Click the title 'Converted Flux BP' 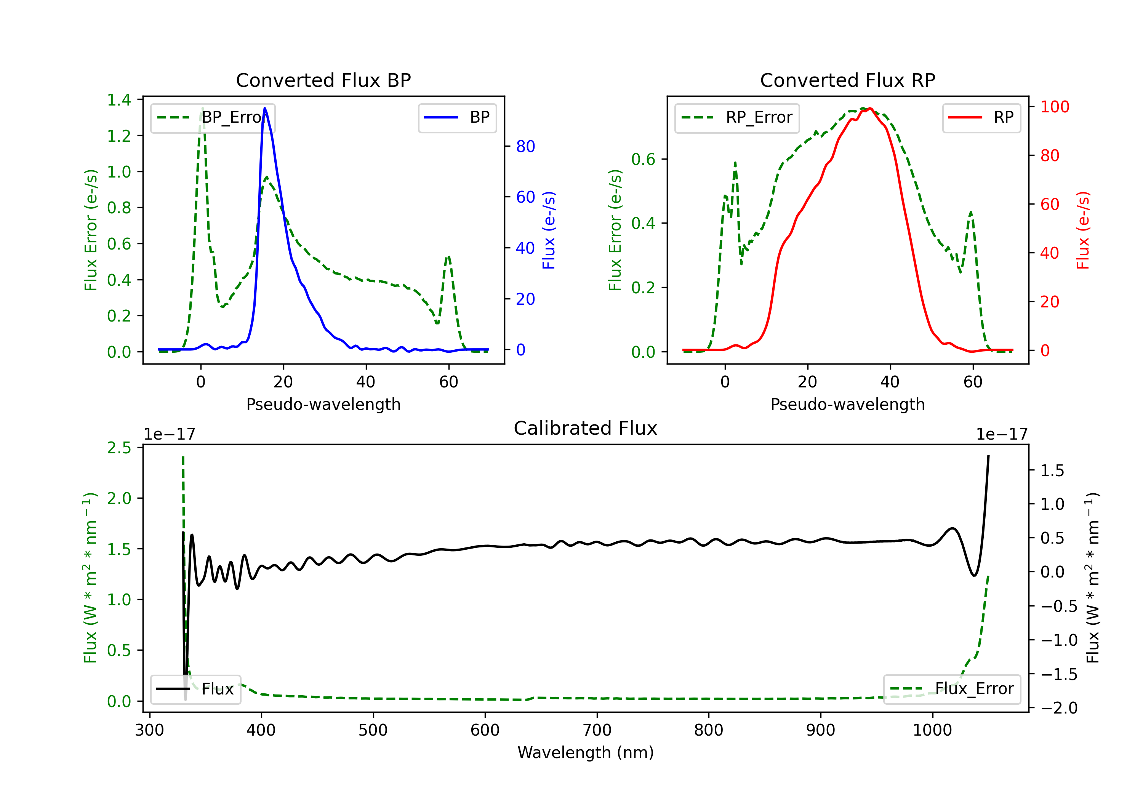coord(323,80)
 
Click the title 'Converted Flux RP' coord(847,80)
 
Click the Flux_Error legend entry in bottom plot coord(952,689)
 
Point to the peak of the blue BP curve coord(265,108)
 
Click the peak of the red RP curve coord(870,109)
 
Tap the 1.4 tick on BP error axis coord(119,100)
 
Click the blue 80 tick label coord(525,146)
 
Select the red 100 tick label coord(1054,107)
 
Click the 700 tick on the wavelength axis coord(597,730)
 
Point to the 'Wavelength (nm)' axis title coord(586,753)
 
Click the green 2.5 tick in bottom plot coord(119,448)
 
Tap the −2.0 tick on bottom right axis coord(1059,708)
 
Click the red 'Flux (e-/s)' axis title coord(1083,230)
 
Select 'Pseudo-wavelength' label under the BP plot coord(323,404)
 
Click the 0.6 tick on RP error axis coord(643,159)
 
